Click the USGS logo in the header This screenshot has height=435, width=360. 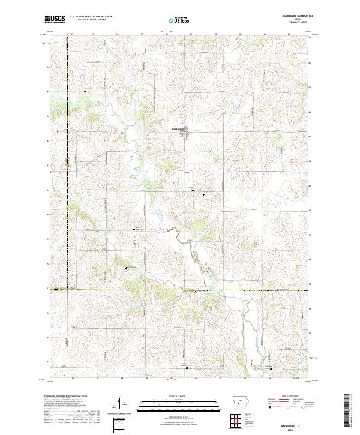coord(55,19)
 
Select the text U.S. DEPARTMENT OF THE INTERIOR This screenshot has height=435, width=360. coord(91,17)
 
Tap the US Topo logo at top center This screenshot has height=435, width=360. coord(179,20)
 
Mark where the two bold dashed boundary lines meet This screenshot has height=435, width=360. coord(67,290)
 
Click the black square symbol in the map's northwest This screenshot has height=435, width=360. coord(85,91)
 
